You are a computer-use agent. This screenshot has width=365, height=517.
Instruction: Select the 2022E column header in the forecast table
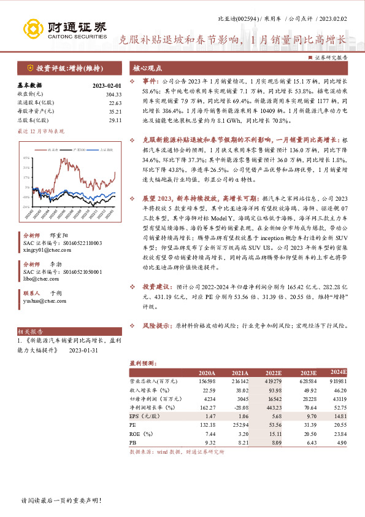[x=273, y=373]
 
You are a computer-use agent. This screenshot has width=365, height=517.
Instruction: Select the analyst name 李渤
[x=56, y=263]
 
